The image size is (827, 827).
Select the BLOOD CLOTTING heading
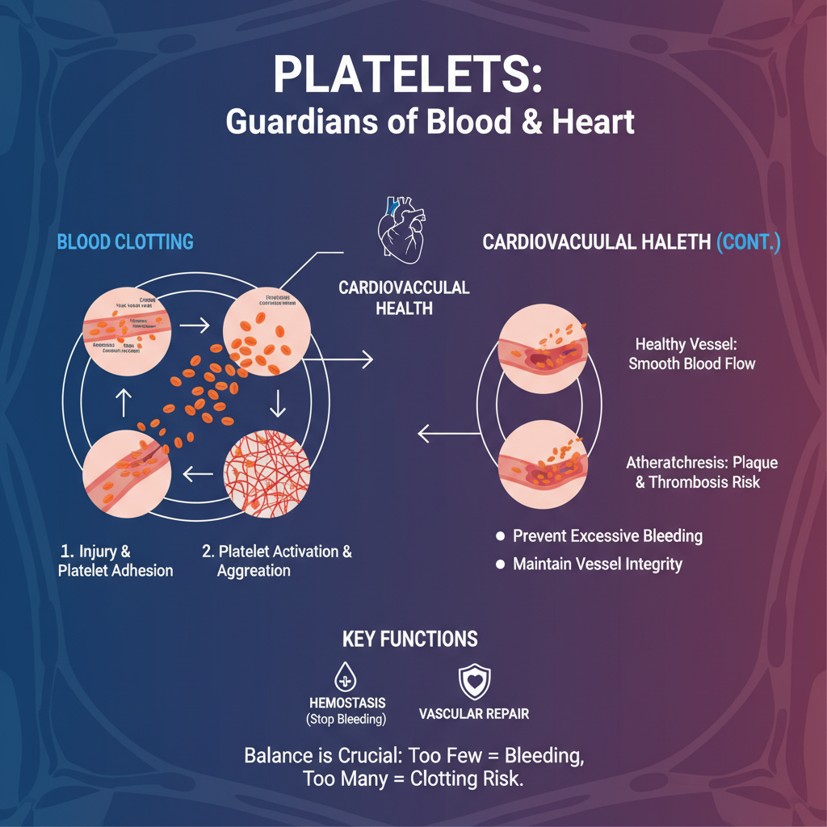click(x=125, y=241)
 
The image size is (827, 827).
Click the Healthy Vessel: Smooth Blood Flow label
click(x=692, y=354)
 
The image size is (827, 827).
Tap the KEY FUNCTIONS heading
click(x=410, y=640)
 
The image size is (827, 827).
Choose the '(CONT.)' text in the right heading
click(x=748, y=243)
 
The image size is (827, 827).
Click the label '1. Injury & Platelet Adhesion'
click(x=115, y=561)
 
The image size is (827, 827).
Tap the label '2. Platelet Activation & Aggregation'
click(x=276, y=561)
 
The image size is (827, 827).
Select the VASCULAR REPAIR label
click(x=474, y=714)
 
